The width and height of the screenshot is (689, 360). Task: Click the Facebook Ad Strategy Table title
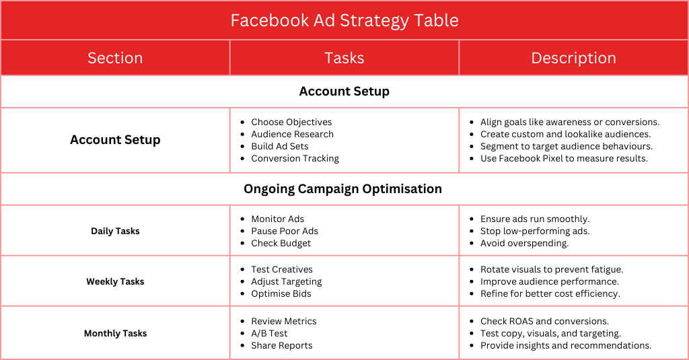[x=344, y=20]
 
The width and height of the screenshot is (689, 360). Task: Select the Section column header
[x=115, y=58]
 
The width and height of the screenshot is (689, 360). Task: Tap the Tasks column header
[x=344, y=58]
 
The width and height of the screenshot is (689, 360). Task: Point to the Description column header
[x=573, y=58]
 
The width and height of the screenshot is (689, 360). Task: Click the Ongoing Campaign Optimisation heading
[x=342, y=189]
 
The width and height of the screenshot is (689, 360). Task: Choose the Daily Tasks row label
[x=115, y=231]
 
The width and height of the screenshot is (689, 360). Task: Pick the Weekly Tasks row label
[x=115, y=281]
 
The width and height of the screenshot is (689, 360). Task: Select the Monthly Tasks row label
[x=115, y=333]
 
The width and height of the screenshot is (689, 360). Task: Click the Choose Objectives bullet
[x=291, y=122]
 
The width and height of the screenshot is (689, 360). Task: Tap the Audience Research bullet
[x=292, y=134]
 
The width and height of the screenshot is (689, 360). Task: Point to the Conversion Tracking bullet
[x=295, y=158]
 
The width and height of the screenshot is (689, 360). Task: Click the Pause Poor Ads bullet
[x=285, y=231]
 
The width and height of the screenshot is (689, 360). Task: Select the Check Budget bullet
[x=281, y=243]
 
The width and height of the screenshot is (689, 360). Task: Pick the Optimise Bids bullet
[x=281, y=293]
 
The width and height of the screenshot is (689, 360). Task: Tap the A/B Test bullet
[x=269, y=333]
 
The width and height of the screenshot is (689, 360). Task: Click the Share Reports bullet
[x=282, y=345]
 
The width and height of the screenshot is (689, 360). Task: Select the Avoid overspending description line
[x=524, y=243]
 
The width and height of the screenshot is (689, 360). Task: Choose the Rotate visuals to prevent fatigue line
[x=552, y=269]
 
